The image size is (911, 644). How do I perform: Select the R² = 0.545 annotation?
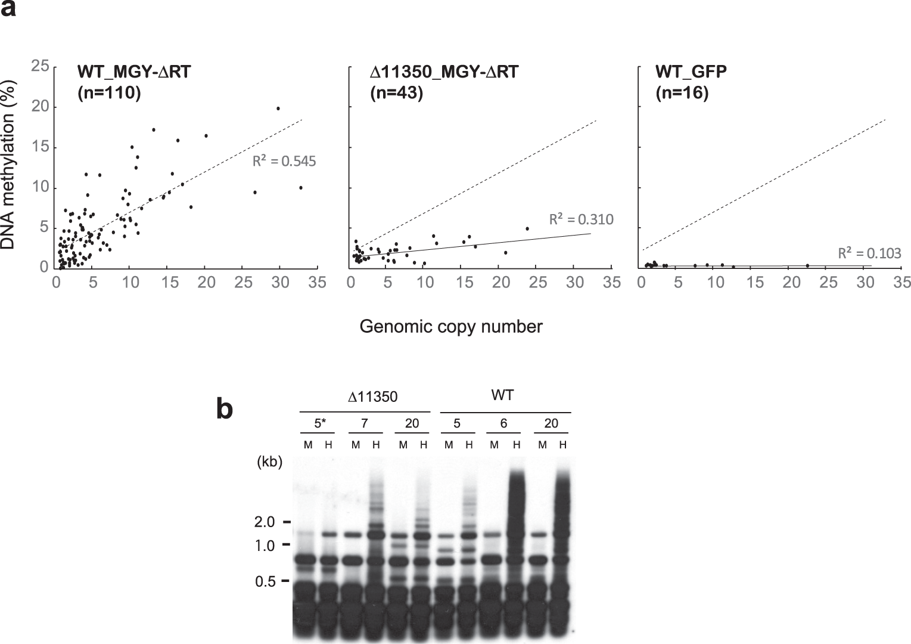pos(284,161)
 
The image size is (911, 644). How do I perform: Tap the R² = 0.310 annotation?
pos(581,219)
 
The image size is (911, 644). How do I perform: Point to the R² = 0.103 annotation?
pos(869,253)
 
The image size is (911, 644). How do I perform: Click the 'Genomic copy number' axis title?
pos(451,327)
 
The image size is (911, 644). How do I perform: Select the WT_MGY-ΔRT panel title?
pos(134,72)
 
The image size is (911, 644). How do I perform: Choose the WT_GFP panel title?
pos(691,72)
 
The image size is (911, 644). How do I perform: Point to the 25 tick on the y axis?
pos(40,66)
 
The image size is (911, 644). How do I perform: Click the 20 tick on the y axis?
pos(40,107)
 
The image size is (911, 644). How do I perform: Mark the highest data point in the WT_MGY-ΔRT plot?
pos(278,109)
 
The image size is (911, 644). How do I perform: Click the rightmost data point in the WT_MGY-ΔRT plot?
pos(301,188)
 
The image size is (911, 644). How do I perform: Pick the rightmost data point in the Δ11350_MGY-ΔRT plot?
pos(527,228)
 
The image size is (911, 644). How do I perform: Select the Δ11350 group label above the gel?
pos(372,397)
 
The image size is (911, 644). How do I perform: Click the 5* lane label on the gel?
pos(321,423)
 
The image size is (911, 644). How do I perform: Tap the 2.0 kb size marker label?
pos(265,522)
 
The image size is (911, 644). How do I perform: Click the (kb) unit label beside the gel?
pos(269,462)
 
